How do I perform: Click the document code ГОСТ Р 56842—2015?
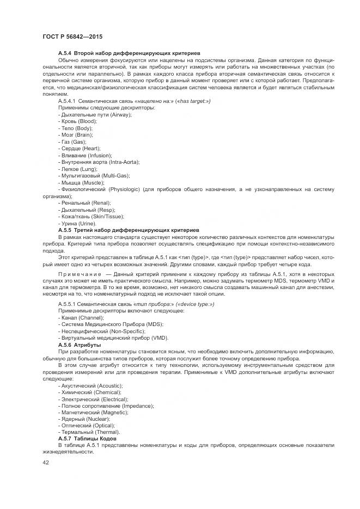[x=72, y=37]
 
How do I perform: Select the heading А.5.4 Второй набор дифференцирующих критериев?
[x=125, y=52]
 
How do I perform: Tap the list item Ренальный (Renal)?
[x=84, y=203]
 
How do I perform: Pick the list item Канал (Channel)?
[x=81, y=317]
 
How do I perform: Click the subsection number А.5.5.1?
[x=69, y=303]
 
